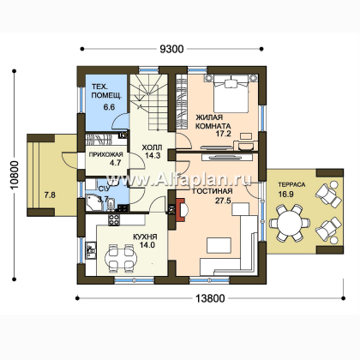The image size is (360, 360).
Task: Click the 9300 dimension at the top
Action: point(171,49)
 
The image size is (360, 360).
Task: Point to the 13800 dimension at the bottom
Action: point(210,298)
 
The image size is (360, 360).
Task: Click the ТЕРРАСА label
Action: point(291,184)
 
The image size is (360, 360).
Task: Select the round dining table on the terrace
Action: point(291,223)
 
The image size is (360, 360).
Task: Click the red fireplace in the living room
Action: point(182,210)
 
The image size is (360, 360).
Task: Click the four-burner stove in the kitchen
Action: point(114,219)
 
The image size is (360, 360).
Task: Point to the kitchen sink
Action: point(91,249)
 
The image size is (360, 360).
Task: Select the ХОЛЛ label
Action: point(152,147)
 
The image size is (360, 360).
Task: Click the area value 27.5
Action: point(223,201)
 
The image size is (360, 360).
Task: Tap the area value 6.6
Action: point(109,107)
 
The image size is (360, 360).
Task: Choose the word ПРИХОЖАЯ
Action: point(105,154)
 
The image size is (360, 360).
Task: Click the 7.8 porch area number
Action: point(50,195)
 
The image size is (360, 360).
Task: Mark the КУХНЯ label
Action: point(145,237)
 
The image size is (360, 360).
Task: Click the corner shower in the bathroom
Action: point(94,203)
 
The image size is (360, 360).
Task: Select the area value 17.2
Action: point(223,134)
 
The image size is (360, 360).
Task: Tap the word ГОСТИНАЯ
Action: point(212,191)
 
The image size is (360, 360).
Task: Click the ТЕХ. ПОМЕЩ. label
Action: point(106,91)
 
